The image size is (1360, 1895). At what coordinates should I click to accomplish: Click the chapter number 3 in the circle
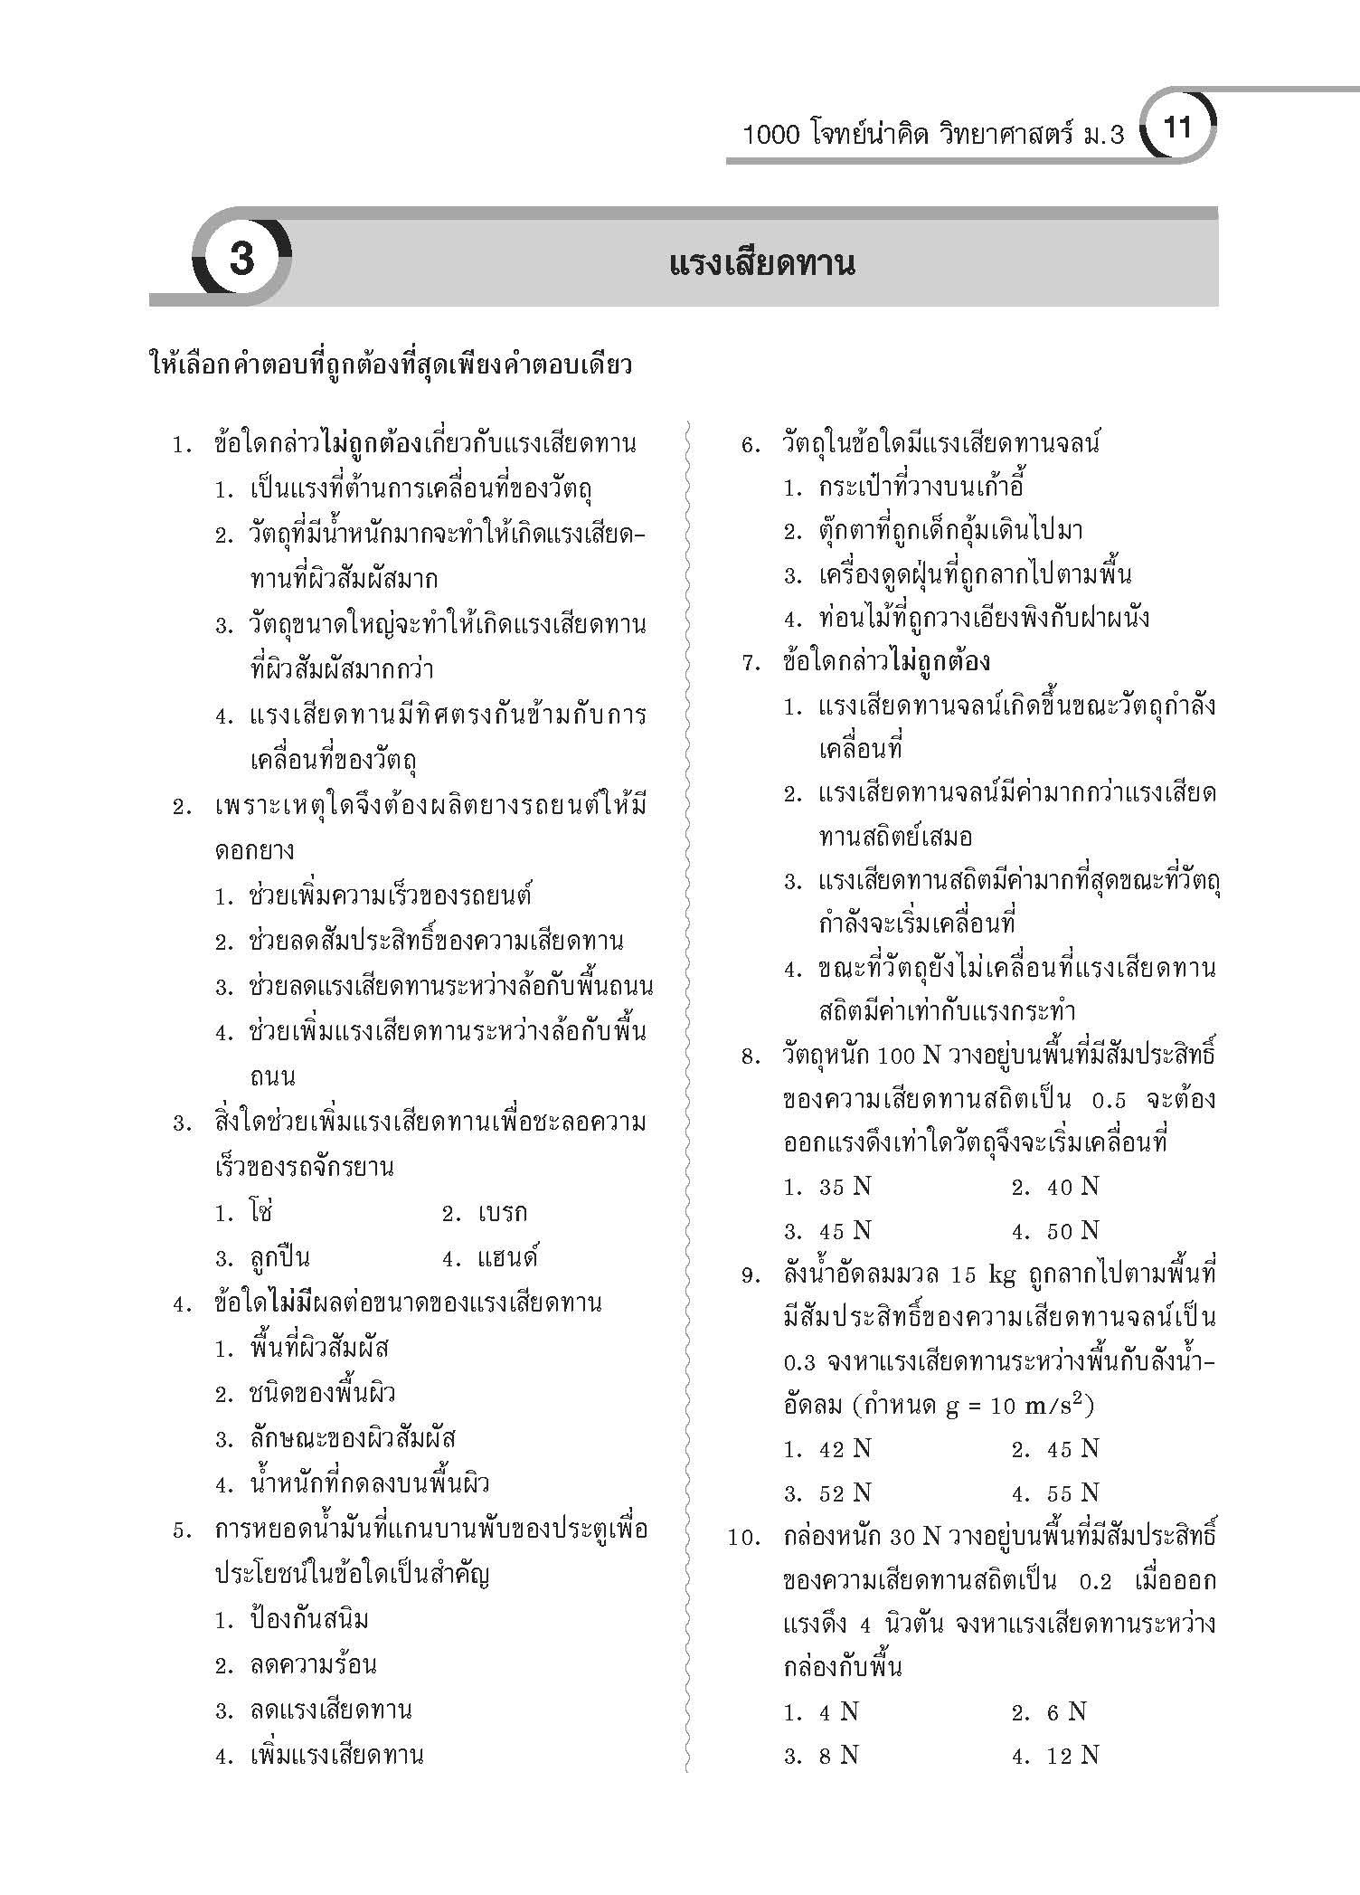(x=241, y=260)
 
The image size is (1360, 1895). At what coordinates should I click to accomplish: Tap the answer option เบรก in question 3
(x=501, y=1213)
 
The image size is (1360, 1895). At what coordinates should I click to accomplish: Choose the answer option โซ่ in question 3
(x=261, y=1212)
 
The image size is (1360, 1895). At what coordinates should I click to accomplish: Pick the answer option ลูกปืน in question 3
(x=279, y=1258)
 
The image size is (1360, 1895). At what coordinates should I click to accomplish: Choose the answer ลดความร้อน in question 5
(x=313, y=1664)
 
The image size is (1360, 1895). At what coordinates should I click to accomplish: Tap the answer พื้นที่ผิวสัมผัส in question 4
(x=319, y=1349)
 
